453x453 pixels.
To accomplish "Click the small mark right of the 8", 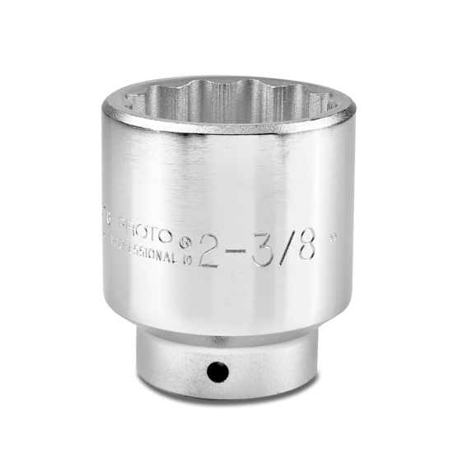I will click(331, 241).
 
